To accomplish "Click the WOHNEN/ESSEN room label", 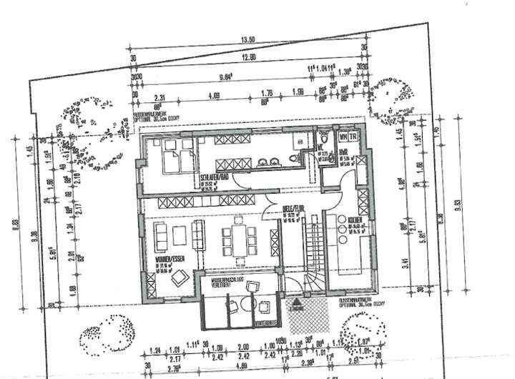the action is coord(167,262).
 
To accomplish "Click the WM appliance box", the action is coord(344,136).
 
